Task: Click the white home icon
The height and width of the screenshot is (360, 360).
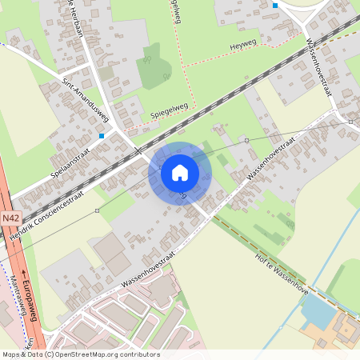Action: tap(180, 172)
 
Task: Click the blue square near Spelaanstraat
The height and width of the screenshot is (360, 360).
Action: tap(101, 137)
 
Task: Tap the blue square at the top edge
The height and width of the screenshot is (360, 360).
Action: tap(275, 6)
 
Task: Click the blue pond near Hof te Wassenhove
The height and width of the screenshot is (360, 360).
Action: tap(319, 312)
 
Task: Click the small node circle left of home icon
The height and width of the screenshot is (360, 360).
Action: tap(97, 211)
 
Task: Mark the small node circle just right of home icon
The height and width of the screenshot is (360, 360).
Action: tap(247, 141)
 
